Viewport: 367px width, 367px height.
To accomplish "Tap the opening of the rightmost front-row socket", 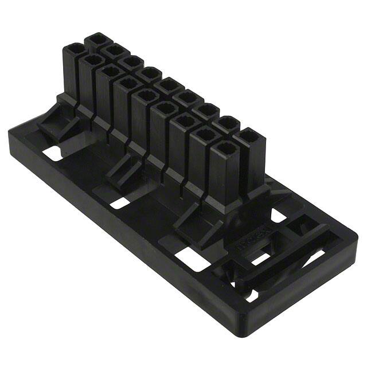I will point(224,150).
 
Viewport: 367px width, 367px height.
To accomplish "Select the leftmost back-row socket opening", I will point(96,40).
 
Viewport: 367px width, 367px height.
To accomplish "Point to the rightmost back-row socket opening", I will point(249,138).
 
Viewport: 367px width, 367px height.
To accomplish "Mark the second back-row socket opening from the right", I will point(228,123).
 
